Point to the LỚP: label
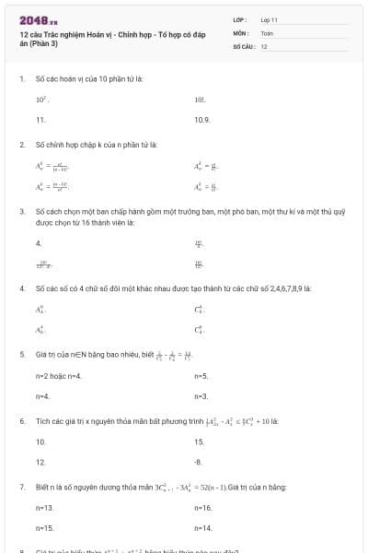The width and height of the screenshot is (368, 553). click(240, 19)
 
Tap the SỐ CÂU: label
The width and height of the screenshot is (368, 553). click(244, 46)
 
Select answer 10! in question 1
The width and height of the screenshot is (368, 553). click(200, 98)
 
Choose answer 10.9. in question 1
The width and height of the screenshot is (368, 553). click(202, 120)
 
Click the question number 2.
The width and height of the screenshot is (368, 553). click(21, 145)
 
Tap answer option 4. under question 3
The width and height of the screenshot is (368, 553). click(39, 244)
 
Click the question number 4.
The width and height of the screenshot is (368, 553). click(21, 288)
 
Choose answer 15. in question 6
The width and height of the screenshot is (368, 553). click(200, 442)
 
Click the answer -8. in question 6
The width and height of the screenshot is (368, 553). click(199, 462)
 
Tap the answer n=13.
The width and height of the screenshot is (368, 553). click(45, 508)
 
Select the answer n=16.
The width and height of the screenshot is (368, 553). click(203, 508)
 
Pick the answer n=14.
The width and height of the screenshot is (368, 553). click(203, 528)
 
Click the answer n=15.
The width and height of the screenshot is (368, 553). click(45, 528)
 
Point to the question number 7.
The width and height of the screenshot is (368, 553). click(21, 486)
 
